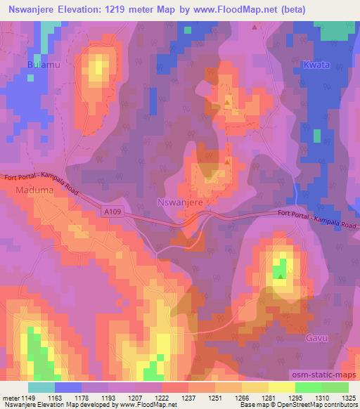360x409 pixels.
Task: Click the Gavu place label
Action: [x=317, y=338]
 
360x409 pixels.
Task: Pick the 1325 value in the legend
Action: [x=347, y=398]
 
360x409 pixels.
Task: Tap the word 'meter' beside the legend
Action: [x=12, y=398]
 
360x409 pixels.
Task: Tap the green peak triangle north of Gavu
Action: [x=281, y=275]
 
